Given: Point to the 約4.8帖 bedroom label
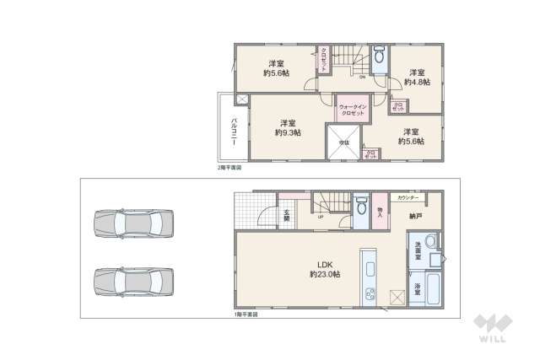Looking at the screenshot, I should coord(416,78).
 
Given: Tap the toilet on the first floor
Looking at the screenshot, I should coord(360,206).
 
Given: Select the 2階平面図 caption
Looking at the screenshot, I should coord(229,168).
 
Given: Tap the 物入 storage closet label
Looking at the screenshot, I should coord(381,212).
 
